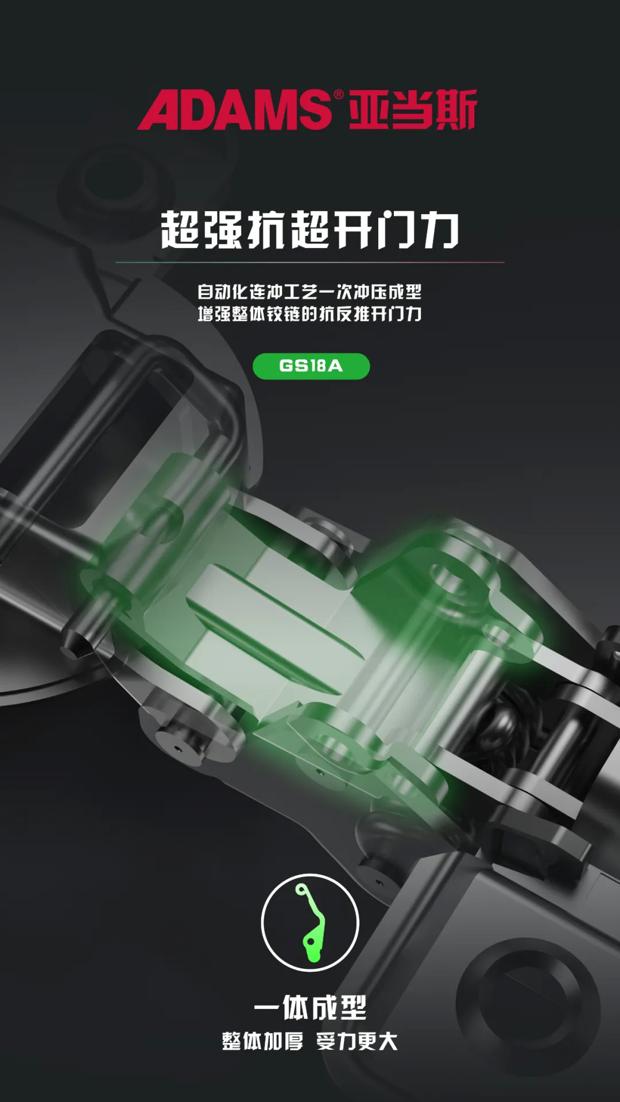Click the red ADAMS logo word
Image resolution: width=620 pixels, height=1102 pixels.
tap(234, 109)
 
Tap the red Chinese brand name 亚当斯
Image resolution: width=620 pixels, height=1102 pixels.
tap(413, 109)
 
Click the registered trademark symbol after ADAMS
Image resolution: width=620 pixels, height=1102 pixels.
tap(338, 94)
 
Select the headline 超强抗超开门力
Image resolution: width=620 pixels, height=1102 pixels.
tap(310, 230)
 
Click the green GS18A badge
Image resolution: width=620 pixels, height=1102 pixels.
tap(311, 366)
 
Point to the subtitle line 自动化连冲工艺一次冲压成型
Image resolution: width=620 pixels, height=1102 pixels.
tap(310, 292)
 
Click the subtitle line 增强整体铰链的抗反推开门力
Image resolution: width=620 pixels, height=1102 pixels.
tap(310, 314)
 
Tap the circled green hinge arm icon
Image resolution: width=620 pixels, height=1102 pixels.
tap(310, 923)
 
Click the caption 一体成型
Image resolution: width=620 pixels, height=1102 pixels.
tap(310, 1008)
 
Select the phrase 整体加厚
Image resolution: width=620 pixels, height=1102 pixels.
tap(262, 1041)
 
